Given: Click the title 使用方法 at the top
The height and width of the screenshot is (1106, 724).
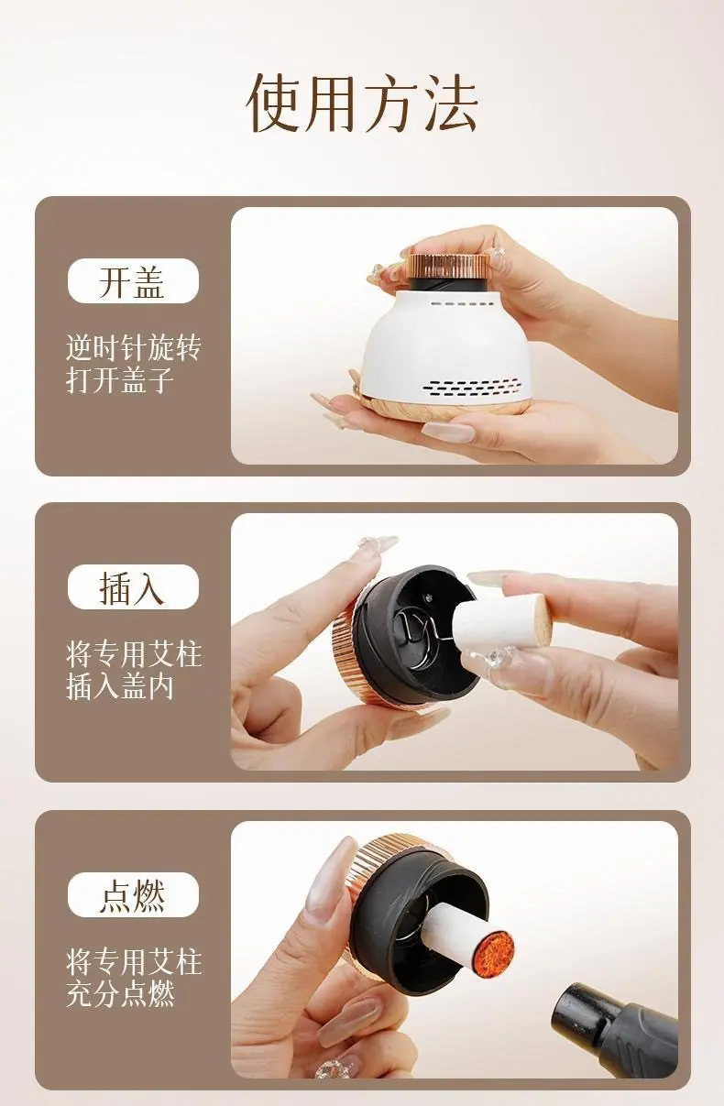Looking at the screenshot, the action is tap(362, 104).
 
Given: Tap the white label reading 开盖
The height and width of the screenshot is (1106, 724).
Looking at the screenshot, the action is tap(133, 280).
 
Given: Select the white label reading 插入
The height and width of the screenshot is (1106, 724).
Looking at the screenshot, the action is tap(133, 586).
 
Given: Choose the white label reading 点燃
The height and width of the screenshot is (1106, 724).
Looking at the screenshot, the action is tap(133, 894).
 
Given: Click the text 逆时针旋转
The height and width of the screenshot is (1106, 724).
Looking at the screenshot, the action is tap(133, 347).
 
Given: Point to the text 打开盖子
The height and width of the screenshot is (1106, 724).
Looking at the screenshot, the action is tap(119, 379).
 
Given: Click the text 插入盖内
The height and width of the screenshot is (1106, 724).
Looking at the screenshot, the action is tap(119, 686).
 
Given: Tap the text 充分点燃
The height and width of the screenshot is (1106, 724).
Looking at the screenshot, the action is tap(120, 993).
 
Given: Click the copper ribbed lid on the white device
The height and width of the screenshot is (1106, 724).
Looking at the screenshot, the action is tap(447, 266).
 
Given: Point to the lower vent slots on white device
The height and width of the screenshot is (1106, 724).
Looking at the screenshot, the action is tap(473, 389).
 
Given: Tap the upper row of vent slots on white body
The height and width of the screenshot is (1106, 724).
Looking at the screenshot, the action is tap(461, 303).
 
